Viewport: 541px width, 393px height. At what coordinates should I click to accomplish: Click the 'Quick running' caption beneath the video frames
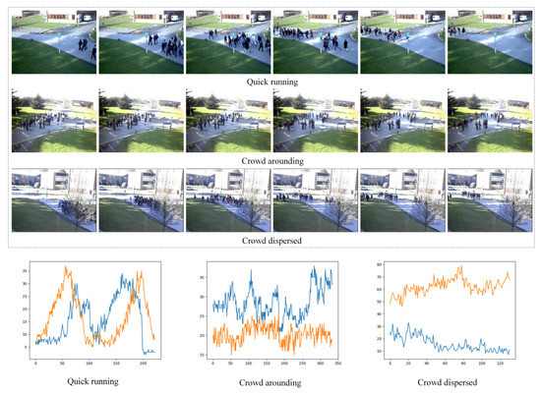tap(270, 81)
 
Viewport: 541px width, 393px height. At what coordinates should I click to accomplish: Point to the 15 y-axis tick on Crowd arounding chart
tap(205, 355)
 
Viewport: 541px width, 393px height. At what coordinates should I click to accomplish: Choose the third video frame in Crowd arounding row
tap(226, 120)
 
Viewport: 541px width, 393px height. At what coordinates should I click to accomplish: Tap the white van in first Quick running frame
tap(83, 17)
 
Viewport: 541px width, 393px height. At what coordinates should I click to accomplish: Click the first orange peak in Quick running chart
tap(67, 267)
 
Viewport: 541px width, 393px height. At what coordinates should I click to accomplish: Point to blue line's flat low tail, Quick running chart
tap(149, 351)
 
